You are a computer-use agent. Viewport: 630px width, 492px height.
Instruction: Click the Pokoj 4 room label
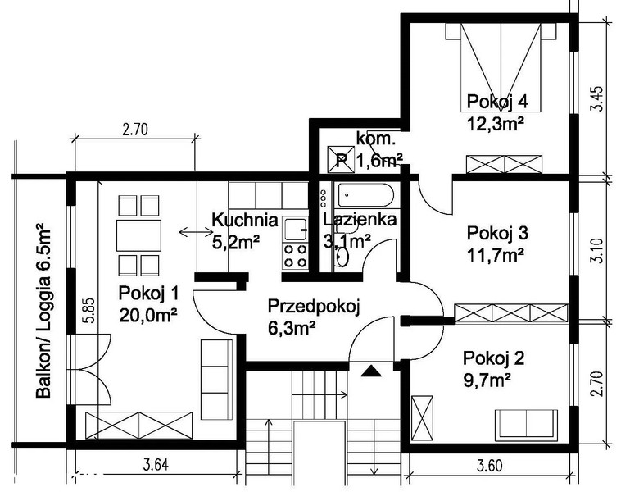(497, 102)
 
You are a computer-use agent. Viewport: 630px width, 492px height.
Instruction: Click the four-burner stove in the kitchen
(295, 256)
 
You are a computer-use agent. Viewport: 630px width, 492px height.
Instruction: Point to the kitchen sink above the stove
(295, 229)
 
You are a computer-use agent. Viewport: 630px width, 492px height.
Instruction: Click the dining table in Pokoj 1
(138, 235)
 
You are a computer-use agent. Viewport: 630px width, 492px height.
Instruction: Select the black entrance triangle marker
(371, 371)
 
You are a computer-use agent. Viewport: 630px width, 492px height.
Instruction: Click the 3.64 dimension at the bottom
(156, 465)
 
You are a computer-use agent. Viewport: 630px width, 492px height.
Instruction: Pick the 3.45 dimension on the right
(598, 98)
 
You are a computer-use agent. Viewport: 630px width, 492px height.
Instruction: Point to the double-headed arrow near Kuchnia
(196, 231)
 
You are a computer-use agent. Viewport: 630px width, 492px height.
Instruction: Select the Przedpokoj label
(314, 306)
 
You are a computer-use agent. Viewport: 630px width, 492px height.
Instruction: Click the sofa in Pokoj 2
(526, 424)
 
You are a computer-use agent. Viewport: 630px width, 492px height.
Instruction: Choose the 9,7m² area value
(487, 380)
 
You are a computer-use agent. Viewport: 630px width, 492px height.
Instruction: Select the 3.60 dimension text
(490, 466)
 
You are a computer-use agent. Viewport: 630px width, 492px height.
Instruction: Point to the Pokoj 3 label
(497, 233)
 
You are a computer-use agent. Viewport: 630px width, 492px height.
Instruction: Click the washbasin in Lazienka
(342, 257)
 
